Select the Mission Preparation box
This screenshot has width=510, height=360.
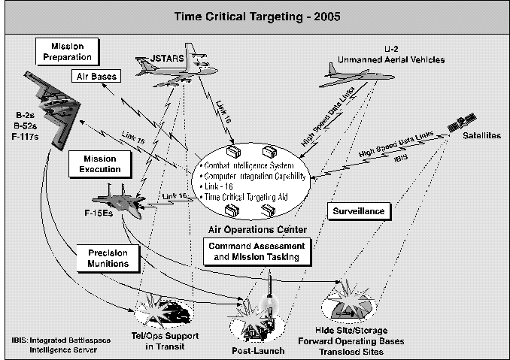pyautogui.click(x=66, y=50)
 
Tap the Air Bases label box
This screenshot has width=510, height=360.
pyautogui.click(x=93, y=76)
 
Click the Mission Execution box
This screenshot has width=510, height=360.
pyautogui.click(x=96, y=163)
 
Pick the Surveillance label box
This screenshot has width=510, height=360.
pyautogui.click(x=359, y=211)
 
